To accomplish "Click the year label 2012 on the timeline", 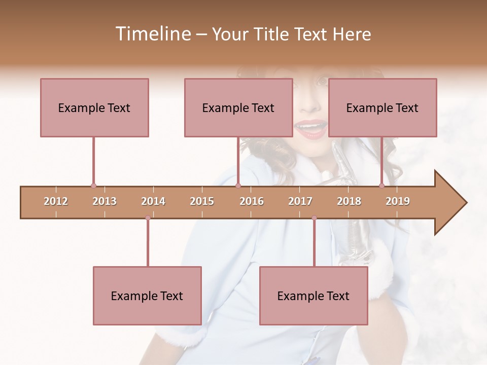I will (x=56, y=201).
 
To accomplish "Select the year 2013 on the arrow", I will (x=105, y=201).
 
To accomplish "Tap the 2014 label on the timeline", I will (x=153, y=201).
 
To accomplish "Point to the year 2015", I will (x=202, y=201).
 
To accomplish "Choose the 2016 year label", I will (x=252, y=201).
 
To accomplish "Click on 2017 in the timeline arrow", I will (x=300, y=201).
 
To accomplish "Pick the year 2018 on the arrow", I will (x=349, y=201).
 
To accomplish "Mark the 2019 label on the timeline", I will (x=398, y=201).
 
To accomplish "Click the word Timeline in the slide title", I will (x=152, y=34).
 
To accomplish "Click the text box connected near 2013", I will (x=94, y=107).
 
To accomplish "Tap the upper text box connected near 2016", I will (x=238, y=107).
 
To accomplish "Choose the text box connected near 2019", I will (x=382, y=107).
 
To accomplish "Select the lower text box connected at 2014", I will (x=147, y=296).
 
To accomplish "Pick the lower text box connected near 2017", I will (x=314, y=296).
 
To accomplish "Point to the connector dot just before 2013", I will (x=93, y=186).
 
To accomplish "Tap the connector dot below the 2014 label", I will (x=148, y=218).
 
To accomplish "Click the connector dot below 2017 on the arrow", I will (x=314, y=218).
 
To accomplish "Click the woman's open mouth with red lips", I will (x=310, y=127).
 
